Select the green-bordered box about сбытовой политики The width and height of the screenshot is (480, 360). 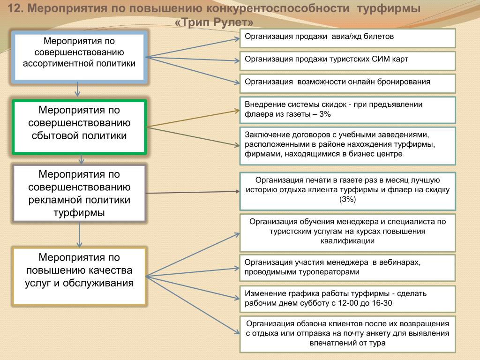click(x=80, y=127)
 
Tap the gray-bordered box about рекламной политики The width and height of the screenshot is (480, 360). click(x=80, y=193)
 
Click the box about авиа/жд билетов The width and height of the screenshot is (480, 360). click(x=347, y=38)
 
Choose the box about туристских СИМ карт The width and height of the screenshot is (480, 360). click(x=347, y=61)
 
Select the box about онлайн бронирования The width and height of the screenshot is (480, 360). click(x=347, y=83)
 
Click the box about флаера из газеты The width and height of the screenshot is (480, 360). click(x=347, y=110)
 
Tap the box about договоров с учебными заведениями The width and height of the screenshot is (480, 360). click(x=347, y=145)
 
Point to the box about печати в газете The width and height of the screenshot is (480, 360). click(x=347, y=191)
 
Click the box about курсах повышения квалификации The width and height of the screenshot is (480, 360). click(x=347, y=232)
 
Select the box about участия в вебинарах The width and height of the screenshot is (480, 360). click(x=347, y=268)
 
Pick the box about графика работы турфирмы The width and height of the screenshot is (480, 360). click(x=347, y=299)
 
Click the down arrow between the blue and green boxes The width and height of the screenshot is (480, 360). click(x=78, y=90)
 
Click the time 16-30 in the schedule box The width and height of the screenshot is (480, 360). click(x=381, y=304)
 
